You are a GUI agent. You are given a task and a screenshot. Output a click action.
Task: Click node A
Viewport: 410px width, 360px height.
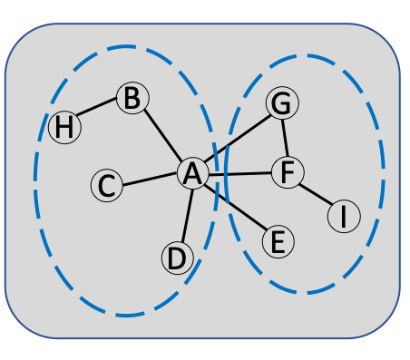tap(191, 174)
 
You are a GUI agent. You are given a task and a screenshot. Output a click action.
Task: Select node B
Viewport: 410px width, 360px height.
tap(132, 98)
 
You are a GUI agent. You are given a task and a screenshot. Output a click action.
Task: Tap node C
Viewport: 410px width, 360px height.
tap(107, 187)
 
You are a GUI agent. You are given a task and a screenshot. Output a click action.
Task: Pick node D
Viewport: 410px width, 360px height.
tap(178, 258)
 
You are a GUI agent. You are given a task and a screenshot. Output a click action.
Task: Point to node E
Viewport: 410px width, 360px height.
tap(278, 242)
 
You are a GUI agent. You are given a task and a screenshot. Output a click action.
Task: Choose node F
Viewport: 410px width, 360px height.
tap(287, 172)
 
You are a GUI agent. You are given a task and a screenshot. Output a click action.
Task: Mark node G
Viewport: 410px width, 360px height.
tap(282, 104)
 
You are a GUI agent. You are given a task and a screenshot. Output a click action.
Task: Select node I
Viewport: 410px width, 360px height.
tap(344, 217)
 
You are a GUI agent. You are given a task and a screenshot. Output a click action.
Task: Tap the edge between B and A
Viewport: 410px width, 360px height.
tap(162, 136)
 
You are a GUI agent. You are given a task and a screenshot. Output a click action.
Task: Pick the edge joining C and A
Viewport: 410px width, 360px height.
tap(150, 180)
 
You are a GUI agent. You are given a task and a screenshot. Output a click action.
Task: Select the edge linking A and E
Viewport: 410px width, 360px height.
tap(235, 209)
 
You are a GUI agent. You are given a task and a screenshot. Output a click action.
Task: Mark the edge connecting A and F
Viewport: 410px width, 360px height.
tap(239, 173)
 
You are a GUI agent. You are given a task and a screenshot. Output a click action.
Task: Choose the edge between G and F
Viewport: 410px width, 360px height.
tap(284, 138)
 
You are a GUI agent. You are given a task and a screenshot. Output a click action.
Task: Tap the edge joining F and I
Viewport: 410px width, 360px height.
tap(315, 194)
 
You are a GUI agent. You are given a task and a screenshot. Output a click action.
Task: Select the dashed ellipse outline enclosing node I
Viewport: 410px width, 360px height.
tap(382, 172)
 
